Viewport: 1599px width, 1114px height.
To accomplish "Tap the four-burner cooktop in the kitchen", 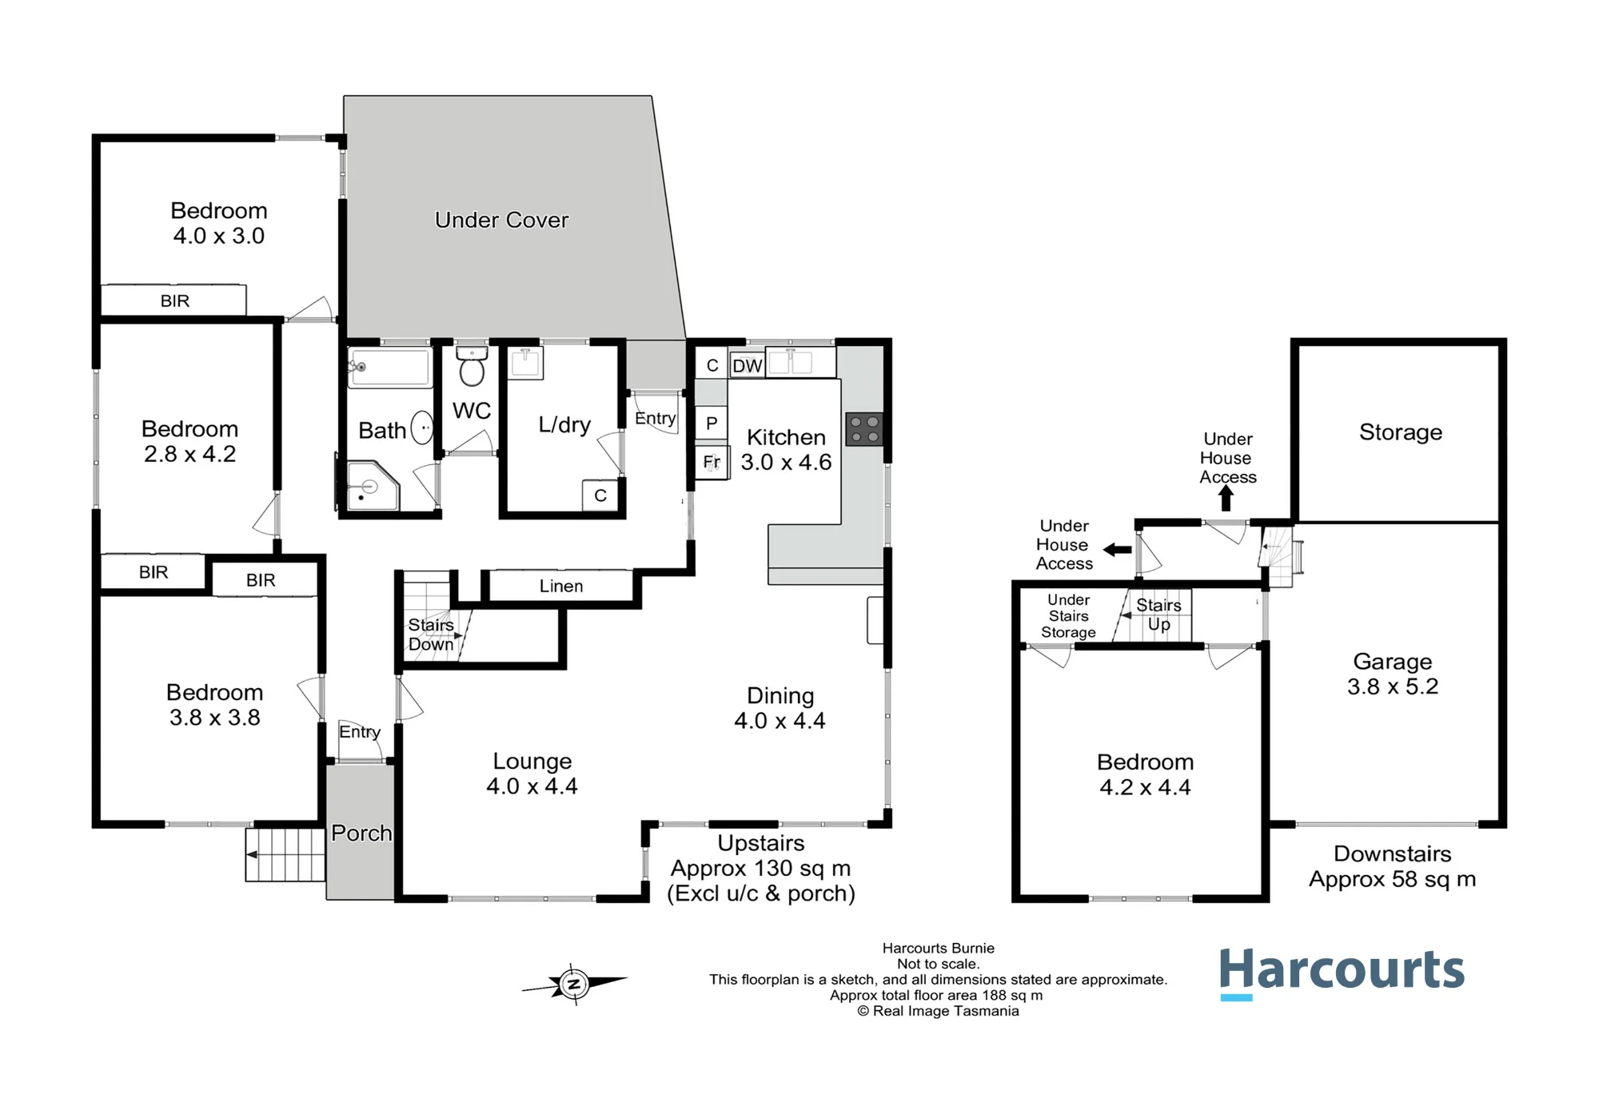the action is [x=864, y=429].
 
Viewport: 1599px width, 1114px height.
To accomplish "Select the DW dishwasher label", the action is [x=748, y=366].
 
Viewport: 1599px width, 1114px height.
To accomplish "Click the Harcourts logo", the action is [x=1342, y=973].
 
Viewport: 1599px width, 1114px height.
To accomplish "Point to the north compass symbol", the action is [x=574, y=984].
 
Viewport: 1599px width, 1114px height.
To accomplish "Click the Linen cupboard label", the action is [x=561, y=586].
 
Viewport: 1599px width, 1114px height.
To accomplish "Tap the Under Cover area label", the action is [x=501, y=220].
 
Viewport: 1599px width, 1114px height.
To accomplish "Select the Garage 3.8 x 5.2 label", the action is [x=1393, y=674].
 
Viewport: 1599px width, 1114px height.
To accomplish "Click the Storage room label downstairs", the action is [x=1401, y=432].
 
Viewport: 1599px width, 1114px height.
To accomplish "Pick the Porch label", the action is [x=361, y=833].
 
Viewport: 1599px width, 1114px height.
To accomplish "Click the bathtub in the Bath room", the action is [x=390, y=368].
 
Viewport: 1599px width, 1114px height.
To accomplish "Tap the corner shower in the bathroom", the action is [x=373, y=485].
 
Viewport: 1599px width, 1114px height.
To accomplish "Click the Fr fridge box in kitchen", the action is [x=712, y=462].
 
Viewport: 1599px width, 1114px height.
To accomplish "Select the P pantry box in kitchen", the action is [x=712, y=423].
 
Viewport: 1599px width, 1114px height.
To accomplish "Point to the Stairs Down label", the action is [x=431, y=635].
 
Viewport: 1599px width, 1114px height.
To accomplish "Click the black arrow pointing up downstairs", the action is [x=1226, y=498].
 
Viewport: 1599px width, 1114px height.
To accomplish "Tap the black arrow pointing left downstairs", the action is [x=1117, y=550].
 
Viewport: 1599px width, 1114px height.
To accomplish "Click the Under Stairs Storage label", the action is [x=1068, y=616].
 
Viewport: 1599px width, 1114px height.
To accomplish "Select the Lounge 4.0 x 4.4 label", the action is [x=532, y=774].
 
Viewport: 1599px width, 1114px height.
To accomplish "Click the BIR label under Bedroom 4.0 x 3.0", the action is [x=175, y=300].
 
